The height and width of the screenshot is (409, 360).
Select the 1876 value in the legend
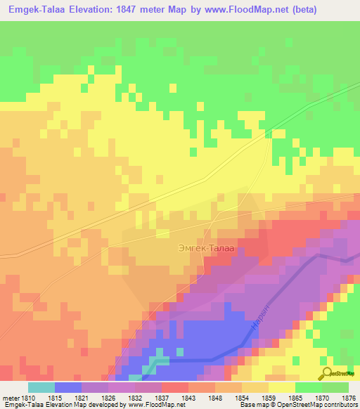tap(349, 398)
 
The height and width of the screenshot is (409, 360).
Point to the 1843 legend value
tap(189, 398)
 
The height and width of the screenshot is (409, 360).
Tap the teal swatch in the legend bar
tap(41, 387)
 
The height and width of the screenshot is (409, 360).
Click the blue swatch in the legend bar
tap(68, 387)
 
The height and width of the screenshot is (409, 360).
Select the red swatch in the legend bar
tap(175, 387)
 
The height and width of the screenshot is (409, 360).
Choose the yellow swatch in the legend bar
tap(282, 387)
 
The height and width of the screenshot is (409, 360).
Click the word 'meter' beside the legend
tap(11, 398)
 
